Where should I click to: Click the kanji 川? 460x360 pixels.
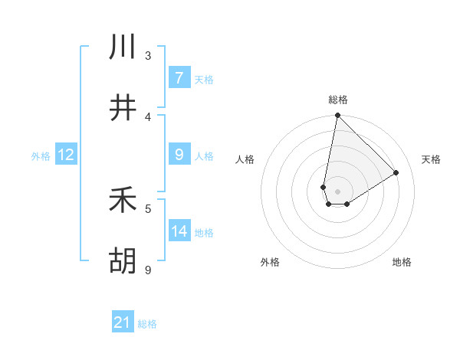[x=123, y=47]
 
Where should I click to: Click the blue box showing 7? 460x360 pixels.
[x=179, y=78]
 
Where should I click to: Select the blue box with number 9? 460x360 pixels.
[x=179, y=155]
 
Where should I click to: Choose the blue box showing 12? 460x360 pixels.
[x=66, y=155]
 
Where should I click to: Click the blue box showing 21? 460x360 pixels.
[x=123, y=323]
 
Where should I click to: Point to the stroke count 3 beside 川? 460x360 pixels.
[x=148, y=55]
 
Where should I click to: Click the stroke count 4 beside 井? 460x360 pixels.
[x=148, y=116]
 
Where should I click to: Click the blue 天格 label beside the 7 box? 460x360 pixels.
[x=204, y=79]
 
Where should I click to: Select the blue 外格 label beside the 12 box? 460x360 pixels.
[x=41, y=156]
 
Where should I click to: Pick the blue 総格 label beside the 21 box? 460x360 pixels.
[x=147, y=324]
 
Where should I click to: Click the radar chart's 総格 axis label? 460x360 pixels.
[x=337, y=100]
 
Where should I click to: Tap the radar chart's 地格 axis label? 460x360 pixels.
[x=402, y=262]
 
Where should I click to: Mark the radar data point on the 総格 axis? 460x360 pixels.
[x=337, y=116]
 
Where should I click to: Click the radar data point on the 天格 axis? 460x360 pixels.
[x=396, y=172]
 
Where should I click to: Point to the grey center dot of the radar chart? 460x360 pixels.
[x=337, y=191]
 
